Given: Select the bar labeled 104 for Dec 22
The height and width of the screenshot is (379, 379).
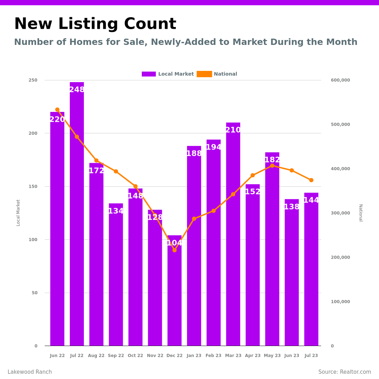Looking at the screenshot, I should click(x=174, y=295).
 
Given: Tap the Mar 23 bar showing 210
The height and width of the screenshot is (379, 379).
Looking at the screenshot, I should click(x=233, y=239).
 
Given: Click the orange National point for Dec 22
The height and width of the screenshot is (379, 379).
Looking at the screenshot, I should click(x=174, y=250).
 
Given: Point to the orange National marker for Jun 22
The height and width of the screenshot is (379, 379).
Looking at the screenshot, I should click(x=57, y=109).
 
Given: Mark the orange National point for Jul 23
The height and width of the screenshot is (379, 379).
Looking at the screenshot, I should click(x=311, y=180).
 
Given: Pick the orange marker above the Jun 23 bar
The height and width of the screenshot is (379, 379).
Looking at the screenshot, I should click(x=292, y=170).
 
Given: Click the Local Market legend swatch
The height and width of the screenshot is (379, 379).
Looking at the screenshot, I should click(x=149, y=74).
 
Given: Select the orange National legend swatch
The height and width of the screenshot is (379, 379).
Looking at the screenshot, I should click(x=204, y=74).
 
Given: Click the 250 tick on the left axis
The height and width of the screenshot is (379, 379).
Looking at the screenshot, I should click(x=33, y=80).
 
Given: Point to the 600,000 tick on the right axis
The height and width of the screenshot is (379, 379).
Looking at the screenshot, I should click(x=340, y=80).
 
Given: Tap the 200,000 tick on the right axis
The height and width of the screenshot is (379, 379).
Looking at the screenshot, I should click(x=340, y=257).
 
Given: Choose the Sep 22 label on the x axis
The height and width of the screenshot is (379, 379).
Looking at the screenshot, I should click(x=116, y=355).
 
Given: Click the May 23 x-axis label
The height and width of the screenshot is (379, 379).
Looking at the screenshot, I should click(x=272, y=355).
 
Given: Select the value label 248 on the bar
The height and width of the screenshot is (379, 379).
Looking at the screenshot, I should click(x=77, y=90).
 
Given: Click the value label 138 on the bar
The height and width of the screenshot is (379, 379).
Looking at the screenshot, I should click(x=292, y=207).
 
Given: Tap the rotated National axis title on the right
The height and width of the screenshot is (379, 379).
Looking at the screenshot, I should click(x=360, y=213).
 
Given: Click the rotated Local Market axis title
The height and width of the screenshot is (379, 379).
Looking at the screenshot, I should click(x=18, y=213).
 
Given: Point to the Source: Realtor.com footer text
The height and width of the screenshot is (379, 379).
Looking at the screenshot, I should click(x=345, y=372).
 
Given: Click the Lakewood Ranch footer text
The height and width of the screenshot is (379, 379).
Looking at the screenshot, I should click(x=30, y=372).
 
